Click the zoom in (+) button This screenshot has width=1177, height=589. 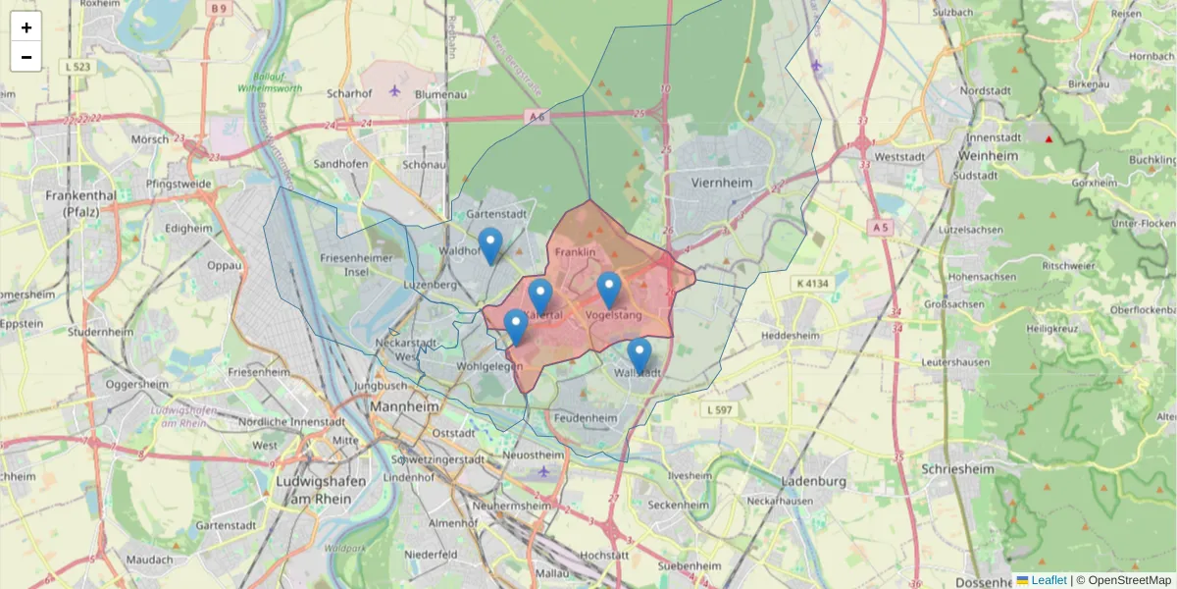point(26,27)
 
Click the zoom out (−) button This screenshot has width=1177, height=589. point(26,57)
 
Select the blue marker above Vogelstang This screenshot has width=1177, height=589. point(609,290)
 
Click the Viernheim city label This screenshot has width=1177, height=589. point(721,183)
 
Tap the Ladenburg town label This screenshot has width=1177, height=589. point(813,481)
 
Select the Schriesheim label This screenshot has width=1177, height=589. point(958,469)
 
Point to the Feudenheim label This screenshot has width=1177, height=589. point(587,417)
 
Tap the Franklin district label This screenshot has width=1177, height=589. point(575,252)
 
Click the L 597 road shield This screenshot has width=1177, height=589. point(718,409)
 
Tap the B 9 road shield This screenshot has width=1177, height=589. point(218,9)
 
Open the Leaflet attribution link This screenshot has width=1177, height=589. point(1049,580)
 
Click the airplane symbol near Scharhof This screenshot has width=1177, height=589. point(394,90)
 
